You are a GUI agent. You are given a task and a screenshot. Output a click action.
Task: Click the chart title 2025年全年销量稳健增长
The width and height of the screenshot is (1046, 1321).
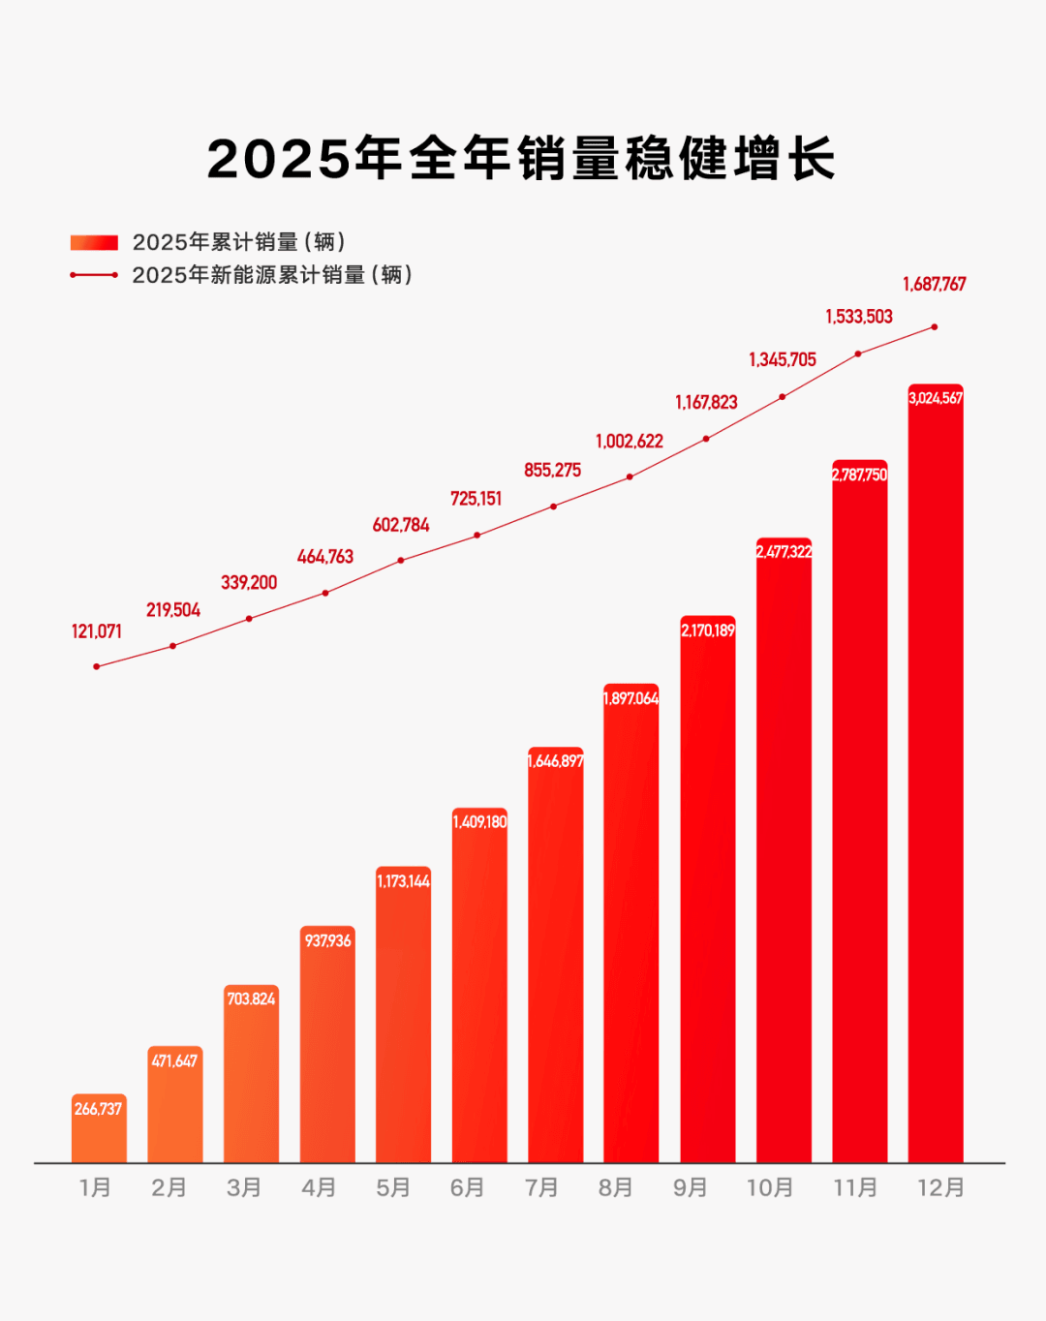tap(521, 158)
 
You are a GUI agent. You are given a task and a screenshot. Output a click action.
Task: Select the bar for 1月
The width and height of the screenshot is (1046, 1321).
tap(99, 1127)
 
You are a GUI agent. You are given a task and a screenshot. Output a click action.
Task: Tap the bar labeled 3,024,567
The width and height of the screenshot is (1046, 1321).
tap(936, 773)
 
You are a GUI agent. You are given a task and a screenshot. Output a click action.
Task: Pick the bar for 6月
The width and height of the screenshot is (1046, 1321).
tap(479, 985)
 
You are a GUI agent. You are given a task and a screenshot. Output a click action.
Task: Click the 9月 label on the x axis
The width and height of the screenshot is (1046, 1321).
tap(690, 1187)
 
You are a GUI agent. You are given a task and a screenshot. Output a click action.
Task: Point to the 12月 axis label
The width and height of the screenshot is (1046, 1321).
tap(940, 1187)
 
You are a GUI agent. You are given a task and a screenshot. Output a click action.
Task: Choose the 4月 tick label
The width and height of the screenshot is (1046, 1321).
tap(319, 1187)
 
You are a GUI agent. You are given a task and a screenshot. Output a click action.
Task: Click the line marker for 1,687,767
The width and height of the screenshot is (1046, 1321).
tap(935, 327)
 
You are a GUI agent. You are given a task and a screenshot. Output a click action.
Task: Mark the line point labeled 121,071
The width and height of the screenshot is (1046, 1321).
tap(97, 666)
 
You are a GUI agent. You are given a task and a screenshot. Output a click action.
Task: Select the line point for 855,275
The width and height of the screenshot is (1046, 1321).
tap(554, 507)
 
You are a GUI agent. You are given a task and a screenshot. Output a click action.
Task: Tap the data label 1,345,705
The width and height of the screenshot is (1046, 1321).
tap(783, 359)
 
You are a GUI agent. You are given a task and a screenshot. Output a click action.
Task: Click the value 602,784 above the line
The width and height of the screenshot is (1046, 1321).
tap(401, 525)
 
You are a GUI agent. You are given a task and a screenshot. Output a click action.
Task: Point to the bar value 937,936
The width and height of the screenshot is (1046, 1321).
tap(327, 941)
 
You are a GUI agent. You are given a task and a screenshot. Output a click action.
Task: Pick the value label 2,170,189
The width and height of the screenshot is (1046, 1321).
tap(708, 630)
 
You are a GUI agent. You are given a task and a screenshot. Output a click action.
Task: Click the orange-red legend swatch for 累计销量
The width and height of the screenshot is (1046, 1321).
tap(94, 242)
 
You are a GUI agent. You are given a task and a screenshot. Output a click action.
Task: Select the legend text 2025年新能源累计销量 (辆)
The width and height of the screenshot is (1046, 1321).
tap(272, 274)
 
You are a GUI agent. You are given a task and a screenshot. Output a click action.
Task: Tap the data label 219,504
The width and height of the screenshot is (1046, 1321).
tap(173, 610)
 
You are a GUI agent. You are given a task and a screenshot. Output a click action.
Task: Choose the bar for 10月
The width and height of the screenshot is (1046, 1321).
tap(784, 849)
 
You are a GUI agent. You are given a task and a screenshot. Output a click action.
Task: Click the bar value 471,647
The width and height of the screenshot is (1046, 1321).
tap(175, 1061)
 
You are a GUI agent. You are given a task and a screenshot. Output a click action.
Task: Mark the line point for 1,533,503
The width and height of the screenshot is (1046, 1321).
tap(858, 353)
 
